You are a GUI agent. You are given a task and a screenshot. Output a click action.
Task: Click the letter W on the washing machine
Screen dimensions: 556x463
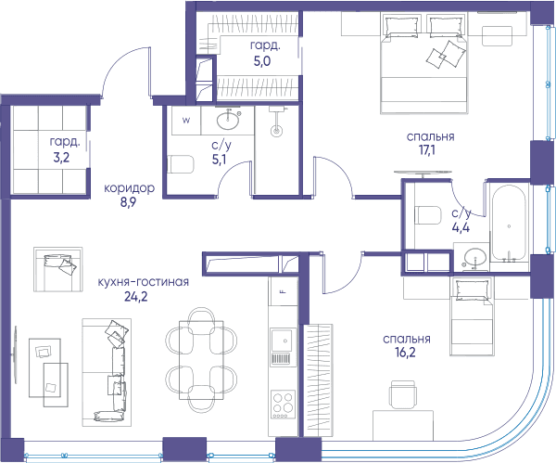186,120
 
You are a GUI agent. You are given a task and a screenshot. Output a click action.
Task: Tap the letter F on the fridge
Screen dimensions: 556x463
283,292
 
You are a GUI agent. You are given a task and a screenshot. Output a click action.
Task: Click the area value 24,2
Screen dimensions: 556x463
135,296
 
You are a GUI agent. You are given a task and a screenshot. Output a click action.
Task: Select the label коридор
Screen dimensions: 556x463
129,187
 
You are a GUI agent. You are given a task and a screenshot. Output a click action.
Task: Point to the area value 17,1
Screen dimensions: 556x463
427,150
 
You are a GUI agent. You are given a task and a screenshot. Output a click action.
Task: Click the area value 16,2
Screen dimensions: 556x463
405,353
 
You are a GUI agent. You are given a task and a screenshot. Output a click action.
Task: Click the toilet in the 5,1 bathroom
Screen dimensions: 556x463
181,164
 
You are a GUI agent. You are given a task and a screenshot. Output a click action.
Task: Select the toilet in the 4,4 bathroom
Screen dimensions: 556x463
427,215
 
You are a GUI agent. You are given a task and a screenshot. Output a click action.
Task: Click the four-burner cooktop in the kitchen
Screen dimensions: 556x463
284,405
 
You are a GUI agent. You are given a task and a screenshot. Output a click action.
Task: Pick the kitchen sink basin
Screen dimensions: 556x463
282,341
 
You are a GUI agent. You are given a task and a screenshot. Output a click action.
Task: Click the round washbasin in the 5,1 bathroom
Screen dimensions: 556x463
228,121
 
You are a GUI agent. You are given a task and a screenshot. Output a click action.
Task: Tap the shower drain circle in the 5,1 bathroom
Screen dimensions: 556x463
276,131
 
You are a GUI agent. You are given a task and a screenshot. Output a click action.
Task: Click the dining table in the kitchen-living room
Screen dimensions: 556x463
201,360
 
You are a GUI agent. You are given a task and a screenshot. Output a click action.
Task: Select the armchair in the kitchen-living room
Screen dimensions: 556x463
58,269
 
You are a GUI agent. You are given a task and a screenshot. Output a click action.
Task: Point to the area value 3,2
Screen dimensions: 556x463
61,158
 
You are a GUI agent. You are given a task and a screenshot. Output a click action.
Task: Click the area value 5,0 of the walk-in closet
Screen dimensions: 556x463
262,61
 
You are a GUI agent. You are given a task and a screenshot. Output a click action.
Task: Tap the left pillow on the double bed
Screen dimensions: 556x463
401,26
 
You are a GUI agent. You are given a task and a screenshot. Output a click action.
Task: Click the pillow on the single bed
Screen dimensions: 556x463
472,289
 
